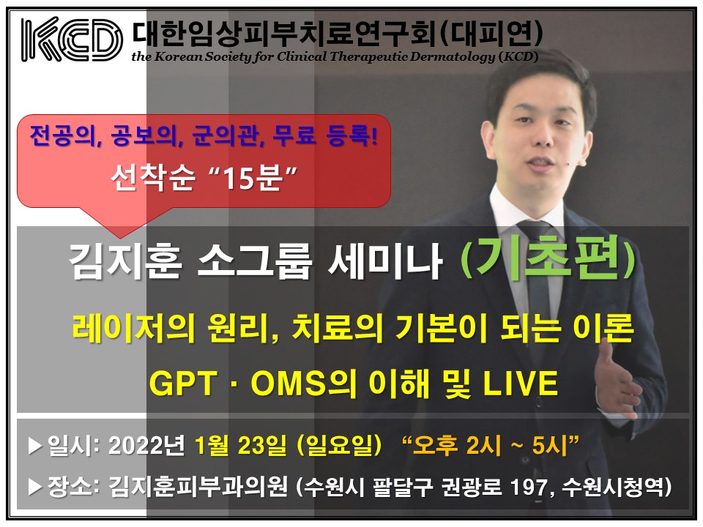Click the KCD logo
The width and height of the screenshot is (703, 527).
click(72, 40)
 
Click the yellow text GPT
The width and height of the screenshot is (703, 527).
click(184, 383)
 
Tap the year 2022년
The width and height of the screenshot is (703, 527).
click(146, 446)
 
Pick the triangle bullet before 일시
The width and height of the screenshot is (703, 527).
click(35, 446)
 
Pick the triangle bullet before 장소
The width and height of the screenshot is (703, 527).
click(35, 487)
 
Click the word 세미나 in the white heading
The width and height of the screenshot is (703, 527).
click(386, 261)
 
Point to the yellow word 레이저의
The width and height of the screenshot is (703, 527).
click(133, 329)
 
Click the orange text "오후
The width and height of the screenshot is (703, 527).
click(431, 445)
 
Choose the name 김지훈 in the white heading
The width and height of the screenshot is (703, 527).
click(125, 261)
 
